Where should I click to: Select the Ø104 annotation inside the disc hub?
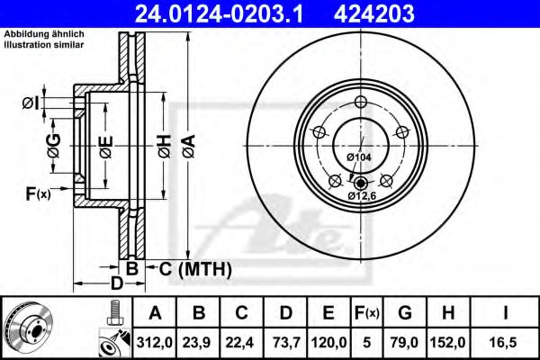tap(359, 157)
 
